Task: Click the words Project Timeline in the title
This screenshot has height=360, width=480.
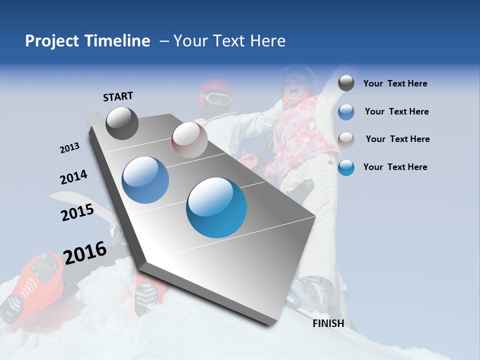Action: click(87, 41)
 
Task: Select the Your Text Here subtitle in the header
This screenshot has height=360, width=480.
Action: click(229, 41)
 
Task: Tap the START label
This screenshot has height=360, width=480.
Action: click(118, 96)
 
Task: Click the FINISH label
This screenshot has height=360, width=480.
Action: click(328, 323)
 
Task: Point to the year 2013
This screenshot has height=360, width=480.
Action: click(69, 148)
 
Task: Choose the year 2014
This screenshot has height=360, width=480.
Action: click(73, 177)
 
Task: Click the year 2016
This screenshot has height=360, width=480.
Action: click(85, 253)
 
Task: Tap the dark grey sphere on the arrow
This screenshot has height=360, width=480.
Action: click(122, 123)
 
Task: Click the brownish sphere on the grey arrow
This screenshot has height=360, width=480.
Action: click(189, 140)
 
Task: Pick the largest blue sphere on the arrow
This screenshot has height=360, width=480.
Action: click(216, 207)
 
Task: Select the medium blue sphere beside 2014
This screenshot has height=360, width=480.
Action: click(145, 180)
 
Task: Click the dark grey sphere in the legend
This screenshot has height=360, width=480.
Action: click(346, 83)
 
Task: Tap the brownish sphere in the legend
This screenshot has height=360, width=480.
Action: click(346, 139)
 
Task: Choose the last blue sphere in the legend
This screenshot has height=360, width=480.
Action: click(346, 167)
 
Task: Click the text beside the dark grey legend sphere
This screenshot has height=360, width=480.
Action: click(395, 84)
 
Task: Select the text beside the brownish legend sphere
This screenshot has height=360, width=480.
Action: click(397, 139)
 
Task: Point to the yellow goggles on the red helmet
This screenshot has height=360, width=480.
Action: click(216, 98)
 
